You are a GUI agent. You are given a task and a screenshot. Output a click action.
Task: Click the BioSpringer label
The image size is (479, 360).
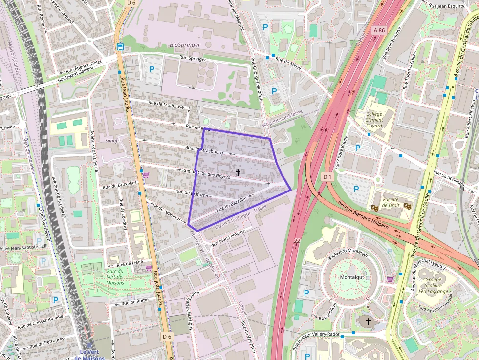(x=185, y=45)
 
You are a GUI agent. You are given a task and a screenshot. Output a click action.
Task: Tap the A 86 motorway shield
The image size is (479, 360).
(x=379, y=30)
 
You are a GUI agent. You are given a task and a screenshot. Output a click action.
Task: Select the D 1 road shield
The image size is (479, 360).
(x=327, y=176)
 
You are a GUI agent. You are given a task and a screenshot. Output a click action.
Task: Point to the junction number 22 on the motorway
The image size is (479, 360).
(x=297, y=241)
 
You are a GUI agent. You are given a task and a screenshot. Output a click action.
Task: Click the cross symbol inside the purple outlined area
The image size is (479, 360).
(x=238, y=172)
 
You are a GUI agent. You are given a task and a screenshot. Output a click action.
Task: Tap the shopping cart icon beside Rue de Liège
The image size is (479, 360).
(x=148, y=267)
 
